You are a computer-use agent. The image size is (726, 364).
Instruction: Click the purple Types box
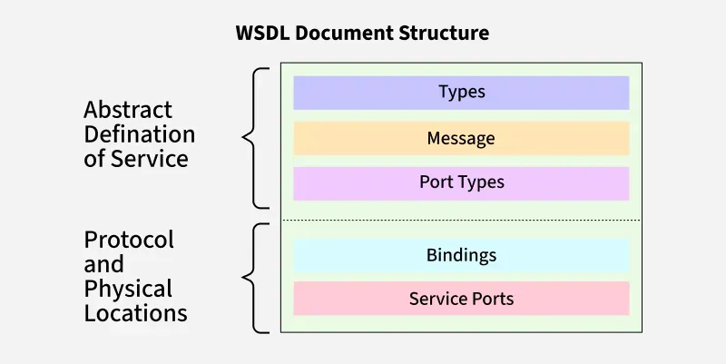[461, 93]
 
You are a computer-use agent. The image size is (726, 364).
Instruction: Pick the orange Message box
[461, 138]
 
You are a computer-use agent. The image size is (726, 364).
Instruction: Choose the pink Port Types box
[461, 182]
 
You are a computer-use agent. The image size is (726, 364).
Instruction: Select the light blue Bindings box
[461, 255]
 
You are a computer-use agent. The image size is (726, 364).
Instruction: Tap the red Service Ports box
[461, 299]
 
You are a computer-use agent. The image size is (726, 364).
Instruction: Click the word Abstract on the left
[128, 110]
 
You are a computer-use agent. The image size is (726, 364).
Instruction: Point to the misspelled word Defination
[139, 134]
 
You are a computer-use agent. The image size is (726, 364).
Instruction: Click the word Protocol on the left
[129, 241]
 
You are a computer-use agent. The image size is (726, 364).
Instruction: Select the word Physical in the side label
[128, 289]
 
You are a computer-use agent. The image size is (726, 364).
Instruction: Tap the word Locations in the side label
[136, 314]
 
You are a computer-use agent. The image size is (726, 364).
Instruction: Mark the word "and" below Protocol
[103, 265]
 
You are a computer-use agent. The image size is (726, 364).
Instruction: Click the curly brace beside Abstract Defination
[254, 138]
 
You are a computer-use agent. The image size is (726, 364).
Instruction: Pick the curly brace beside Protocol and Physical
[254, 278]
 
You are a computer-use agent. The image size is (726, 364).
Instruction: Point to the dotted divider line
[461, 221]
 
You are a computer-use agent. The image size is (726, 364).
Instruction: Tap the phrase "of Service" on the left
[136, 159]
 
